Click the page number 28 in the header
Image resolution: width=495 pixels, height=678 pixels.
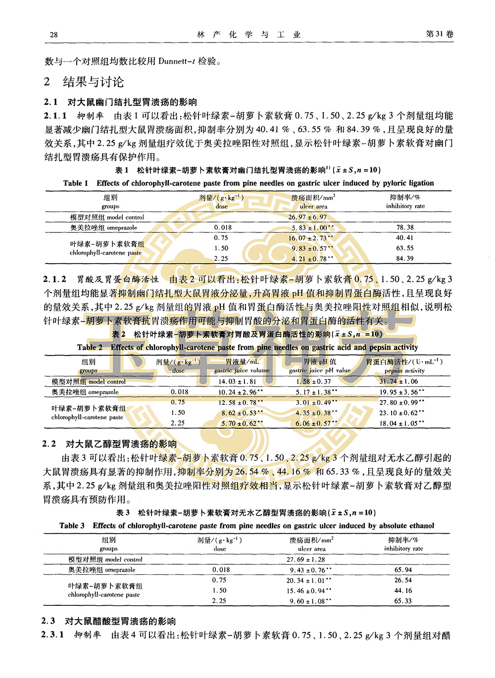coord(54,35)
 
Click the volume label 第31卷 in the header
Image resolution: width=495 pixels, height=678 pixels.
coord(439,34)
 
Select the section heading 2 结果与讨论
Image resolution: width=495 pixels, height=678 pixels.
coord(84,82)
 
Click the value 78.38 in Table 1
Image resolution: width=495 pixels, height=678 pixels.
coord(404,227)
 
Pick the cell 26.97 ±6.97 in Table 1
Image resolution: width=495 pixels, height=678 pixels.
coord(307,217)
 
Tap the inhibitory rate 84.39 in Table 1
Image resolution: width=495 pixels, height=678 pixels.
coord(404,259)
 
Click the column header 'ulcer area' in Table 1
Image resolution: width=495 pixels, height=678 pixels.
coord(313,206)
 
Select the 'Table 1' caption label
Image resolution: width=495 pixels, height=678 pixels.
coord(76,183)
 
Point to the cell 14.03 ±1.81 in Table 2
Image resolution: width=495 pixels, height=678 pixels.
coord(237,382)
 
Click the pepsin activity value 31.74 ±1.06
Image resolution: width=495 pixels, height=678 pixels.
coord(398,382)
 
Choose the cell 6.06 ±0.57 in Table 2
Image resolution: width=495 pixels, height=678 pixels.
coord(313,423)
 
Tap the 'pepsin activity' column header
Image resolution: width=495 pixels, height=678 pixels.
coord(404,370)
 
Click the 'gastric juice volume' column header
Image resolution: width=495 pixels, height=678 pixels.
coord(242,370)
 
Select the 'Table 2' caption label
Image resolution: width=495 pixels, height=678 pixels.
coord(90,347)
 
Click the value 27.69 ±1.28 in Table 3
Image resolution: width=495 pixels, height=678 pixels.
coord(306,560)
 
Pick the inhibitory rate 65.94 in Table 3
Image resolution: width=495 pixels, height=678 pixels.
coord(403,570)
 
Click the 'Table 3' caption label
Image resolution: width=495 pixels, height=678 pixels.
coord(72,526)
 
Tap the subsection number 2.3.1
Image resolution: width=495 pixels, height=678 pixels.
coord(52,634)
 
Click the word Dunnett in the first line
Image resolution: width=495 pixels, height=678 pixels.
coord(173,61)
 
